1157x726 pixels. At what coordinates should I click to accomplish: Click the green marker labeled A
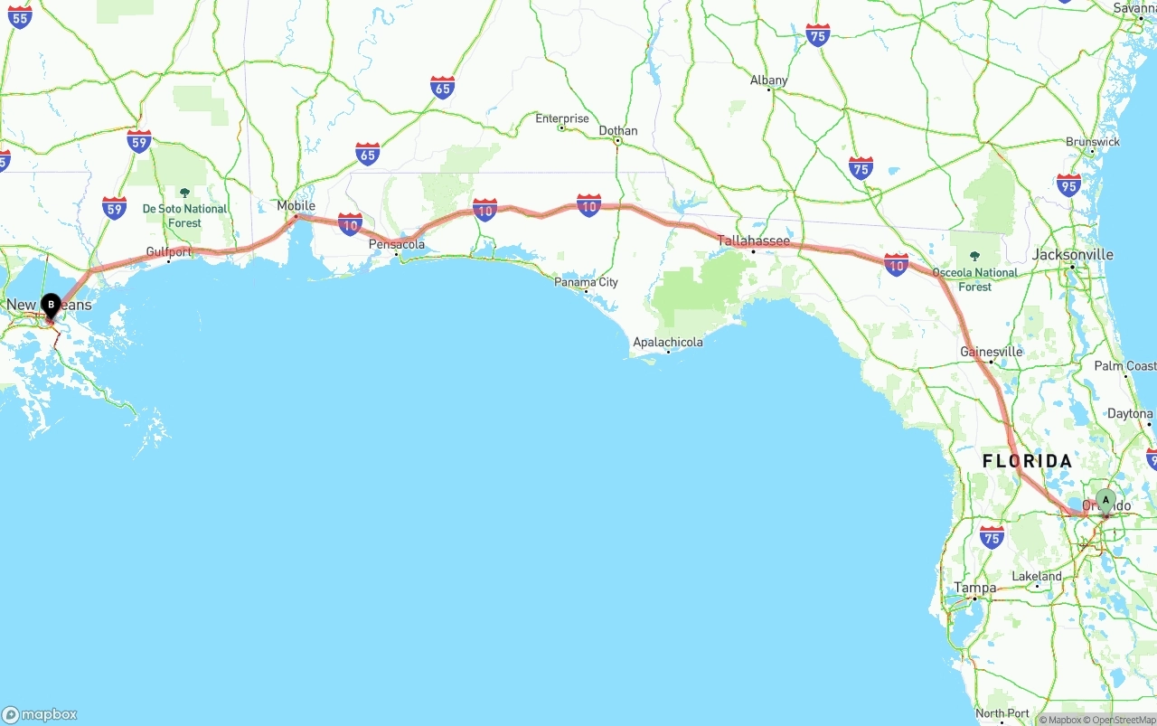(x=1105, y=501)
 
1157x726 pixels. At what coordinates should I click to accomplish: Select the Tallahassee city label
(x=753, y=240)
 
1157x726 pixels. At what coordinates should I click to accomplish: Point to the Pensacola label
(x=396, y=244)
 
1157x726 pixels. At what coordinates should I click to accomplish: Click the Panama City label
(x=587, y=282)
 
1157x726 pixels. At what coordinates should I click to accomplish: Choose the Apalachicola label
(x=668, y=342)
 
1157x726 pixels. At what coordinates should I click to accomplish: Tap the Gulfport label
(x=169, y=252)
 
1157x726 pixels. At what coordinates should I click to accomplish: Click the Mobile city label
(x=296, y=206)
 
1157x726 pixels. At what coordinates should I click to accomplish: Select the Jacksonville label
(x=1072, y=255)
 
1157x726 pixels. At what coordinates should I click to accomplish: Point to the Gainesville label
(x=992, y=352)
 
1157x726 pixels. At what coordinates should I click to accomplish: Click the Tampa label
(x=974, y=588)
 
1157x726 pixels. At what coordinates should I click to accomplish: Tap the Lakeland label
(x=1037, y=576)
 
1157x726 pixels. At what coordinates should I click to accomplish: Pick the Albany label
(x=768, y=80)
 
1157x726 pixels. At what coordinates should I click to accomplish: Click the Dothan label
(x=618, y=131)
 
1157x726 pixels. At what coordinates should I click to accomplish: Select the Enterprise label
(x=561, y=118)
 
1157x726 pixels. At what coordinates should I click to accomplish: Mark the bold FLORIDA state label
(x=1027, y=461)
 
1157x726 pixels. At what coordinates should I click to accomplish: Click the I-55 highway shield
(x=20, y=15)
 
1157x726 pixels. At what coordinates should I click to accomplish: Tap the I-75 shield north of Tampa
(x=992, y=536)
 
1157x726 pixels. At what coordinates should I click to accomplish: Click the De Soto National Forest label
(x=184, y=215)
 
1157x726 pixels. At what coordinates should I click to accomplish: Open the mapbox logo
(x=40, y=714)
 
